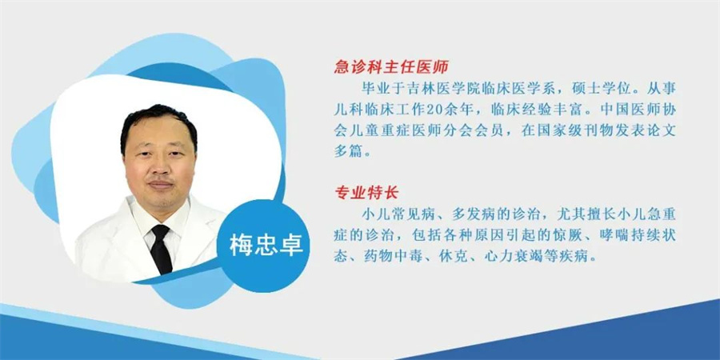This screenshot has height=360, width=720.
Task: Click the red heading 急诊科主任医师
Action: [390, 68]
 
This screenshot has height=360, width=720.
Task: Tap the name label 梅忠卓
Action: [266, 246]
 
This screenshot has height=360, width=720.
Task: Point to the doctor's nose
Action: [161, 166]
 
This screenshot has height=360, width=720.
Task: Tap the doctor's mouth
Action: [161, 185]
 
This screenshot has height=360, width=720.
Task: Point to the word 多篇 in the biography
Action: [348, 152]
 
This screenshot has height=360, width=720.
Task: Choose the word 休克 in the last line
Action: [452, 256]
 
